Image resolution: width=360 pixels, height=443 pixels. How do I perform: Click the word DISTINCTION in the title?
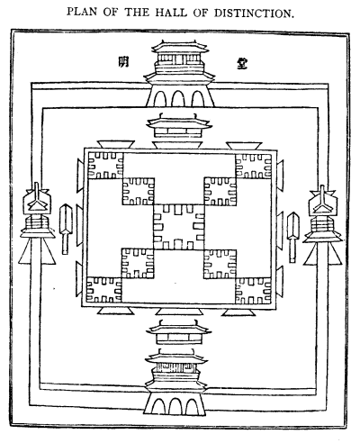254,13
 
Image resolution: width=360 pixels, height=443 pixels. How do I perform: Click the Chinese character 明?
123,61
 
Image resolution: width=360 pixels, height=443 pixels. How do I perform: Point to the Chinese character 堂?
242,63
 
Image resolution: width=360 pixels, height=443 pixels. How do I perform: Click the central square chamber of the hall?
179,227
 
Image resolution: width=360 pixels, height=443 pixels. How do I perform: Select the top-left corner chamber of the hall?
105,166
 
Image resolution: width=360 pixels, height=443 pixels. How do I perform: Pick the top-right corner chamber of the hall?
254,166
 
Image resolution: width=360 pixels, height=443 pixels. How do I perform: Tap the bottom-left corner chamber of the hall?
104,290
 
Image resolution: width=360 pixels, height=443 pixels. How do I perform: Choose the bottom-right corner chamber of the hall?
253,291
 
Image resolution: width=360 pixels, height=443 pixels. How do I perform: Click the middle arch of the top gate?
177,98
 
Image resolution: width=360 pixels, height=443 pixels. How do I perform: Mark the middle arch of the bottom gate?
175,406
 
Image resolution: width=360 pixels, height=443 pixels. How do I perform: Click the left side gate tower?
37,223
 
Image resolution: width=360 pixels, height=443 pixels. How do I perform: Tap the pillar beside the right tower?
293,237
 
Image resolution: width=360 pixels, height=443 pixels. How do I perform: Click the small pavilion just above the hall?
179,126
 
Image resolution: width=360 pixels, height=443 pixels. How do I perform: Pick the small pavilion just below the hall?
179,332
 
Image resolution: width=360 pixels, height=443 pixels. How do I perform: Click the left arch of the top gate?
160,98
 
